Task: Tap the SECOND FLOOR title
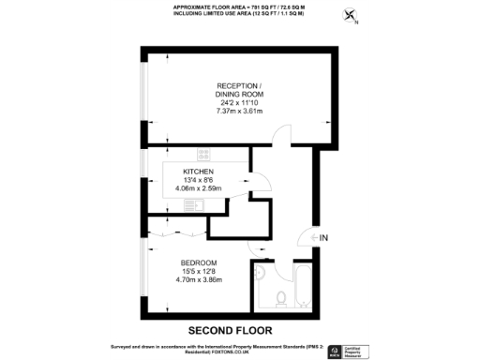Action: [231, 330]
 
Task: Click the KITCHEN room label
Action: [198, 172]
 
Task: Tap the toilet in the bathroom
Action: [281, 298]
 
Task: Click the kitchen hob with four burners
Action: [203, 155]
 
